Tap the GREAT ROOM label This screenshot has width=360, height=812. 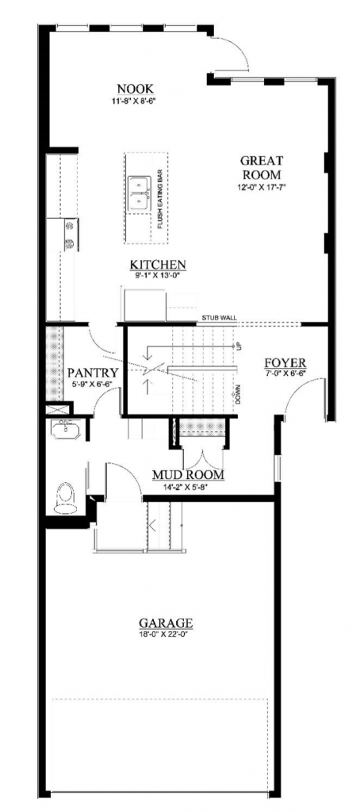(x=262, y=167)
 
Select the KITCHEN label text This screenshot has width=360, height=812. (x=159, y=264)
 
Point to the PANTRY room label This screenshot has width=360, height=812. (x=93, y=372)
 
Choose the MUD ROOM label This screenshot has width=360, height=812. (x=187, y=475)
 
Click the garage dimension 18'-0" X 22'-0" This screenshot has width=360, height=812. (x=166, y=634)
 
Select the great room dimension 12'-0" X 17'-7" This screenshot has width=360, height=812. (x=262, y=187)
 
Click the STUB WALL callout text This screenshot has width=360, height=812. (x=219, y=318)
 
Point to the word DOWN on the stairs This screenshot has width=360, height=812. (x=236, y=393)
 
